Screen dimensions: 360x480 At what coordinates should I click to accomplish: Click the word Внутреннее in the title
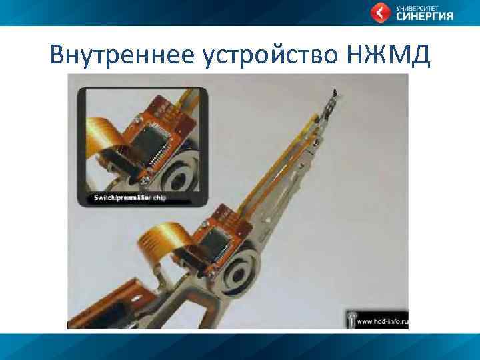[122, 55]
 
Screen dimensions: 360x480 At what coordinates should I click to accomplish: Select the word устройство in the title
[269, 55]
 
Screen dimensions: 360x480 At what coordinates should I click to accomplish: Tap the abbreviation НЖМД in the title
[389, 55]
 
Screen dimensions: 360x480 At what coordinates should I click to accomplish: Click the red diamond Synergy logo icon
[381, 12]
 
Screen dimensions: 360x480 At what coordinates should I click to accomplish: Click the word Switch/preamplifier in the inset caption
[118, 199]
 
